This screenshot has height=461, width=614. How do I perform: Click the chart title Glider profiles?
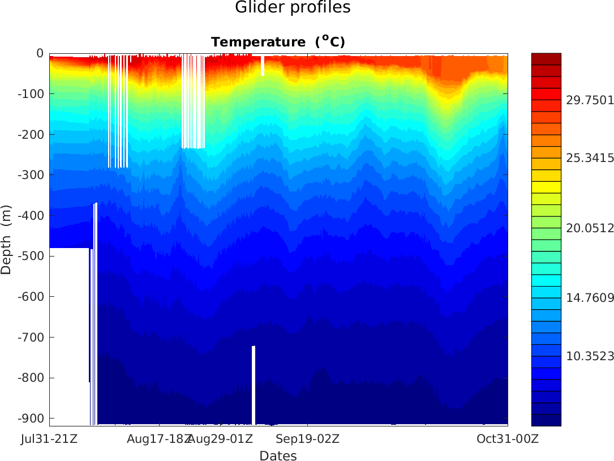293,8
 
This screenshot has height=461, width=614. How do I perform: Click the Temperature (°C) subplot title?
278,42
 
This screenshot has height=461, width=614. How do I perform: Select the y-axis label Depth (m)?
6,240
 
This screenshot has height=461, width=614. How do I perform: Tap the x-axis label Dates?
278,455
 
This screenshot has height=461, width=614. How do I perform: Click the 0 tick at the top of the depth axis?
40,53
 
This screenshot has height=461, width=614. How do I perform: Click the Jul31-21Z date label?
50,438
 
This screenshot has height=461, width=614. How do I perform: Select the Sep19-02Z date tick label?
308,438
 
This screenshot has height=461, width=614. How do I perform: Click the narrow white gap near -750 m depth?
254,385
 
